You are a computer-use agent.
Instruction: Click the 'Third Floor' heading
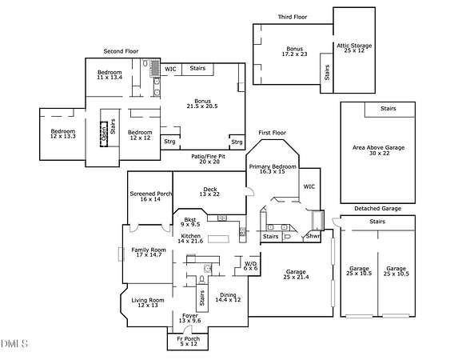(x=293, y=17)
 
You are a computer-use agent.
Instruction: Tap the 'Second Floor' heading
(x=121, y=51)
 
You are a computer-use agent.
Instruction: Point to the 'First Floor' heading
(x=273, y=133)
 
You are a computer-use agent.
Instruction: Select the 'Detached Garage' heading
(x=378, y=209)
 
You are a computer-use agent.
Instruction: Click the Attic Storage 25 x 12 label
(x=354, y=48)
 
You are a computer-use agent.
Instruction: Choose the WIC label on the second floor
(x=170, y=69)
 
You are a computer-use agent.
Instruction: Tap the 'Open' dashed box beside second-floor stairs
(x=104, y=134)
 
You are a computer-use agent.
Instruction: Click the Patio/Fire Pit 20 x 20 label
(x=208, y=159)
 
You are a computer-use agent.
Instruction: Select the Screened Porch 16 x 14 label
(x=150, y=196)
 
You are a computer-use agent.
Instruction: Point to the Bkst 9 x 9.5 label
(x=190, y=222)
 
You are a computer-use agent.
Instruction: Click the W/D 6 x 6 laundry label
(x=250, y=266)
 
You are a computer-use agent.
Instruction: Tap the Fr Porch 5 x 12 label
(x=189, y=341)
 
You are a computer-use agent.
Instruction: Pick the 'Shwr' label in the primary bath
(x=313, y=236)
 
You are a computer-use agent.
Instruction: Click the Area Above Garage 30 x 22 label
(x=379, y=150)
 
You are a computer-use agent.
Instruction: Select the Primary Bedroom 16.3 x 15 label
(x=273, y=169)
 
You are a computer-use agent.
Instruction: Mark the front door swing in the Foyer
(x=189, y=328)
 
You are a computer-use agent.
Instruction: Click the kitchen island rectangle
(x=218, y=239)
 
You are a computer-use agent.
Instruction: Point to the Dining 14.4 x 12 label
(x=228, y=298)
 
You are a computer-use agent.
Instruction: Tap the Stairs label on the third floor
(x=327, y=73)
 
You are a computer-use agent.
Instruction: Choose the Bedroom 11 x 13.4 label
(x=110, y=74)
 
